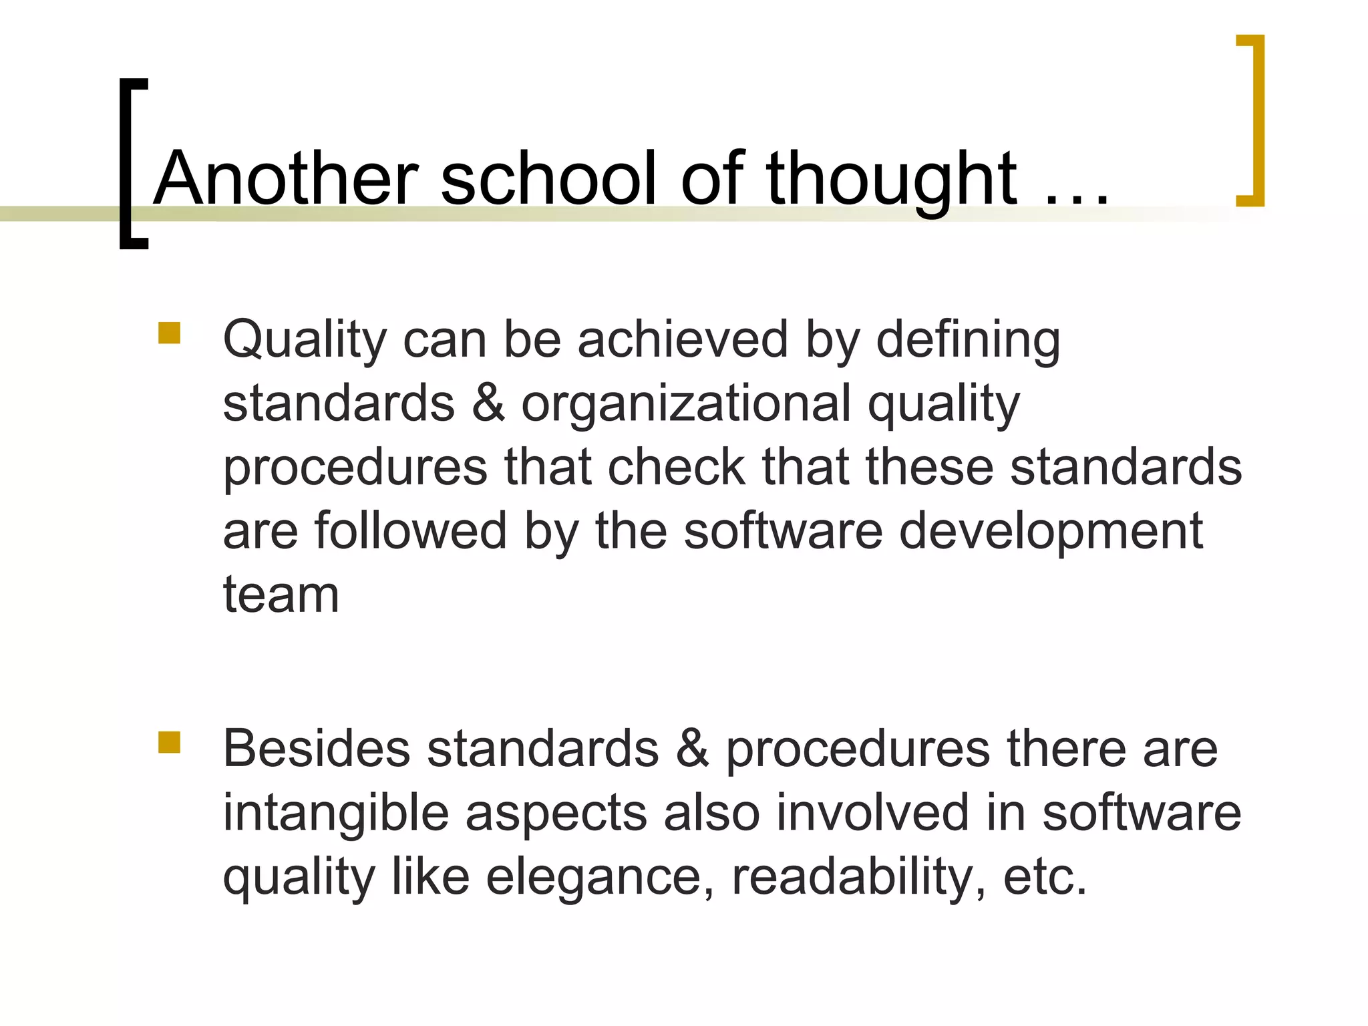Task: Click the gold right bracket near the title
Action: [x=1251, y=120]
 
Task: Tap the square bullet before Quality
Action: [x=170, y=333]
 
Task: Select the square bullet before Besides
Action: [x=170, y=742]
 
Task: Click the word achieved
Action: [x=683, y=339]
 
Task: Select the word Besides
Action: [x=317, y=748]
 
